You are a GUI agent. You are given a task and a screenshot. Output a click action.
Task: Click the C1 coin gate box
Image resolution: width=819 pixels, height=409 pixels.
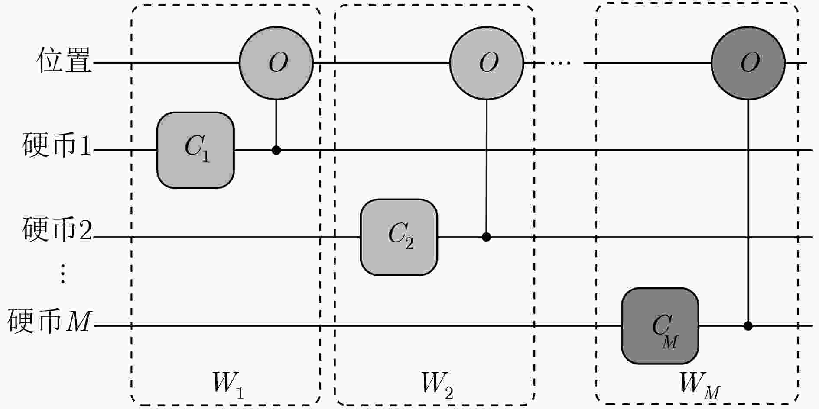[195, 150]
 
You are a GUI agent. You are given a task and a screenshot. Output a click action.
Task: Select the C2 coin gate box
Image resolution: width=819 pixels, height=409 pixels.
[399, 237]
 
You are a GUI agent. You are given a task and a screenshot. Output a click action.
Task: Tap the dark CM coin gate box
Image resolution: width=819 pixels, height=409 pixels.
[660, 326]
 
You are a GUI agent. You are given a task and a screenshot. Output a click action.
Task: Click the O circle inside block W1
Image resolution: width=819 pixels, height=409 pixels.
[276, 63]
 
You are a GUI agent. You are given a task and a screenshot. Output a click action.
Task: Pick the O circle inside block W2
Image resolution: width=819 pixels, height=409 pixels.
[487, 63]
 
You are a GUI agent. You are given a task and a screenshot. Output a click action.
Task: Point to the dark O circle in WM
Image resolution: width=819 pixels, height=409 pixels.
[748, 63]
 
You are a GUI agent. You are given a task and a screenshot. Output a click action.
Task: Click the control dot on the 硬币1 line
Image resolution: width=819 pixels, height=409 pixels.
[276, 150]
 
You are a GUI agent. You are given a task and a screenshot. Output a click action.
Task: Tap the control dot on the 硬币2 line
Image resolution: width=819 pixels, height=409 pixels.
[486, 237]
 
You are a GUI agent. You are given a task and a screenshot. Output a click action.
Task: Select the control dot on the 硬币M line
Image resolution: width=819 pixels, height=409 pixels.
[748, 326]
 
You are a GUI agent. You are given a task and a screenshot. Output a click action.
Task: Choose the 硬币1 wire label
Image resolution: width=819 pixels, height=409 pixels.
[57, 145]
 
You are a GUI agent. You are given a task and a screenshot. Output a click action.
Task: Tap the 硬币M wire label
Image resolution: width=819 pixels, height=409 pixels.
[49, 320]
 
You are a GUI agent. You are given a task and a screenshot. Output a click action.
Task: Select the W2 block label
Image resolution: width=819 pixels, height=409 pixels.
[437, 384]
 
